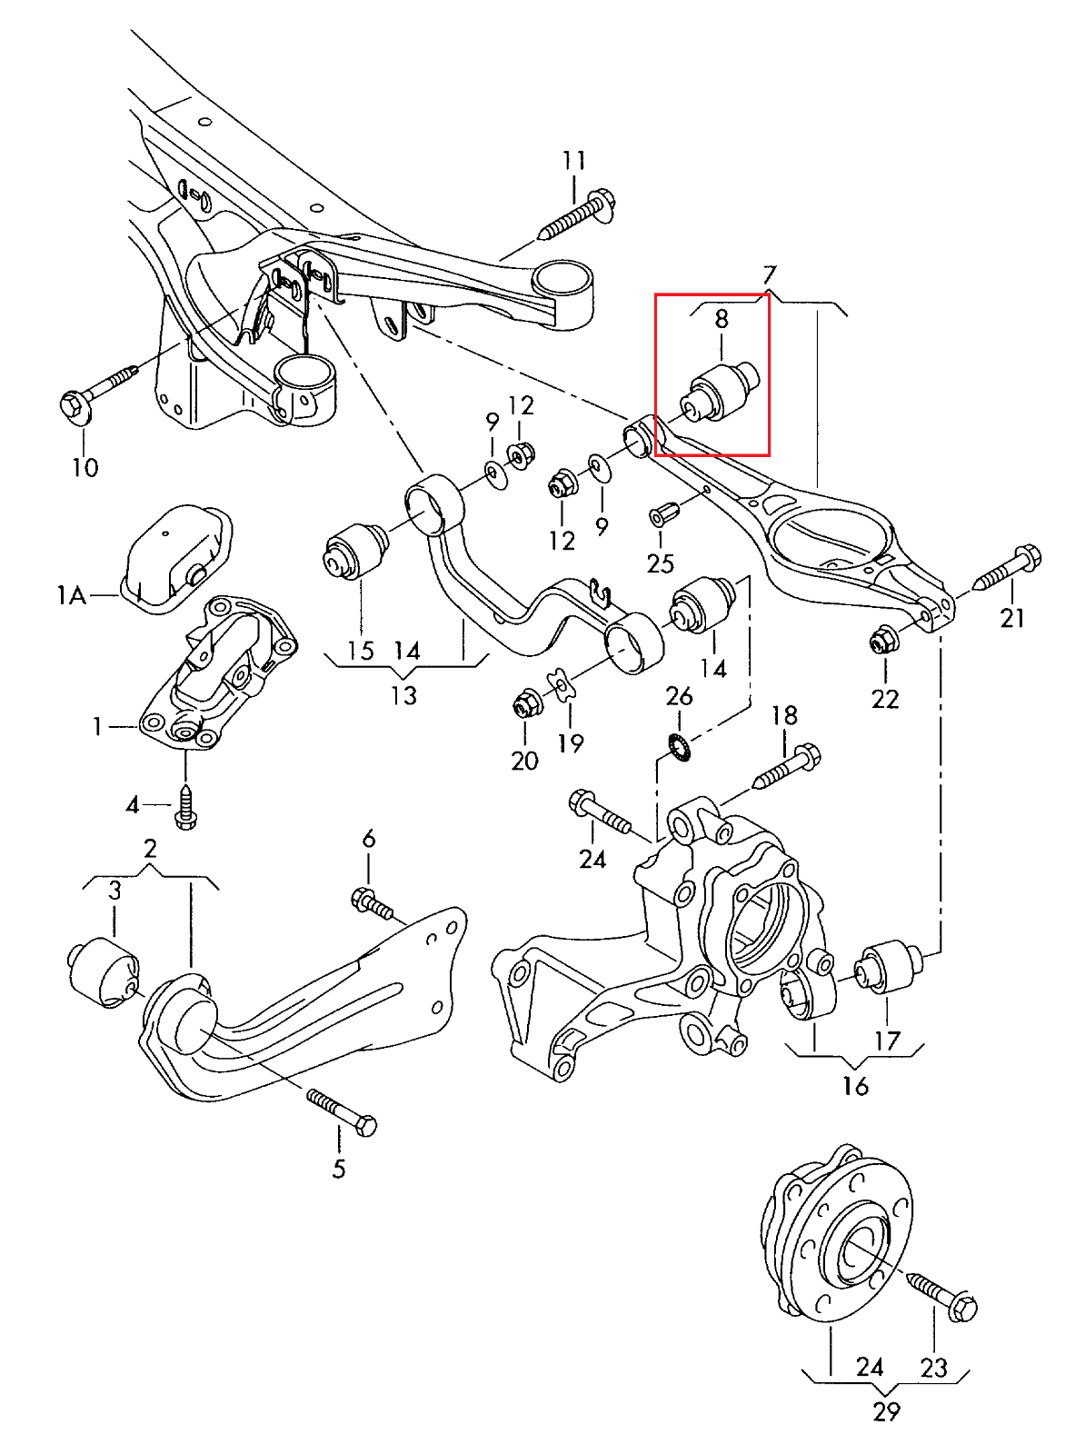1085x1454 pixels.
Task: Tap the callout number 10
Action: pyautogui.click(x=85, y=468)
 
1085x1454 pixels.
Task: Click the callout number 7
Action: pyautogui.click(x=769, y=274)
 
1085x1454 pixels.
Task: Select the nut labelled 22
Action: pyautogui.click(x=882, y=641)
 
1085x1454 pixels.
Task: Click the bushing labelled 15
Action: pyautogui.click(x=356, y=550)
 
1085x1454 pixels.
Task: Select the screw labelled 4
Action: pyautogui.click(x=187, y=807)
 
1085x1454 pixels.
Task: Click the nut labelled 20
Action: pyautogui.click(x=525, y=703)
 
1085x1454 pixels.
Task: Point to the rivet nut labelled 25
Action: pyautogui.click(x=660, y=515)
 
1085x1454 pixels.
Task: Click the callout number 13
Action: pyautogui.click(x=403, y=696)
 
